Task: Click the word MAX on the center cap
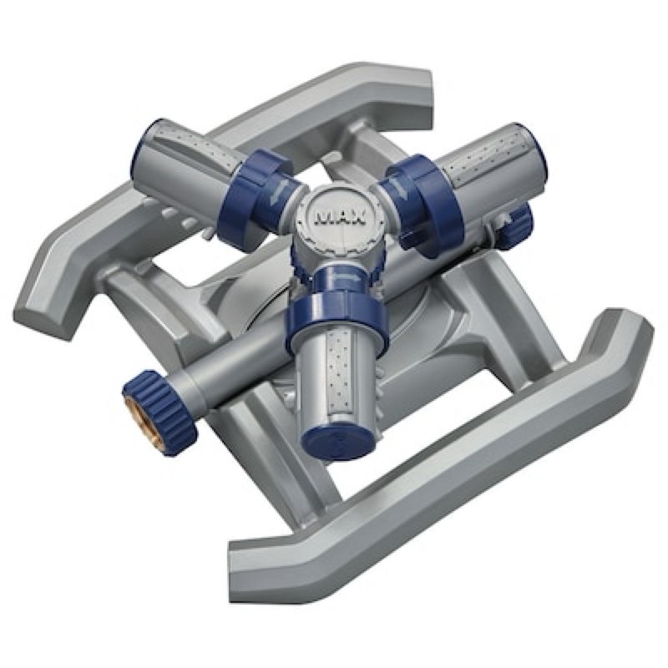click(340, 218)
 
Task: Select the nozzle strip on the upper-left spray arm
click(195, 144)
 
